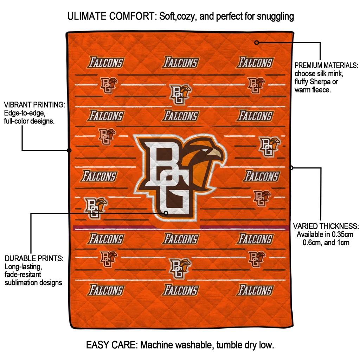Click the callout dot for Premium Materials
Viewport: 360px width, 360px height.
(257, 43)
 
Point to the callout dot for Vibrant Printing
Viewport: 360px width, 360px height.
(69, 150)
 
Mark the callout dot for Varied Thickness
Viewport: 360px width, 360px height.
(291, 168)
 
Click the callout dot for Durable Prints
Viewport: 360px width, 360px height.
(166, 213)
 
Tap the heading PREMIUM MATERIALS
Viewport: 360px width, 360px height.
(326, 66)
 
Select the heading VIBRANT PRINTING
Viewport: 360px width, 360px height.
(34, 105)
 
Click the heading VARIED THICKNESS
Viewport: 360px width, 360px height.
(326, 226)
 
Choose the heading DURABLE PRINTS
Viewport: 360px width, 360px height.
(34, 258)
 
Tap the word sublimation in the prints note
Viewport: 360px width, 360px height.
(21, 283)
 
